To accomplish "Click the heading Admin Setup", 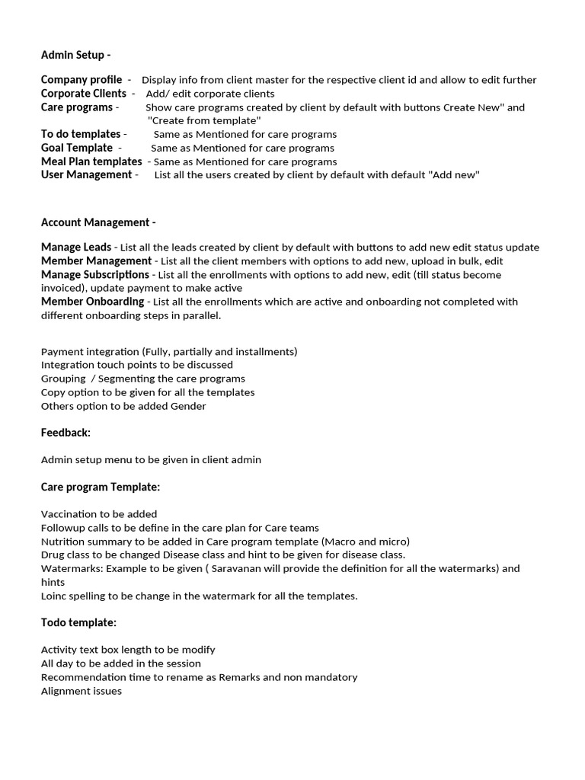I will pos(75,55).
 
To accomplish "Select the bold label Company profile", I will pos(81,80).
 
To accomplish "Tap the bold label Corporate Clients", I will pos(83,94).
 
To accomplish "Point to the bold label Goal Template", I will pos(76,148).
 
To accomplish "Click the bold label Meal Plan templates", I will pos(91,161).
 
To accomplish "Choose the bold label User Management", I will pos(86,175).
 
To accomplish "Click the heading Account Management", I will pos(98,222).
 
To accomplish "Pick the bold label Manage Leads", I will pos(75,248).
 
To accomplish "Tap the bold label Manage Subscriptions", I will pos(94,274).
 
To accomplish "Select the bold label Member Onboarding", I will pos(92,302).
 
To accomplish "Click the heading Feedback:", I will pos(66,433).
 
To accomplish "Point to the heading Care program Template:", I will pos(100,487).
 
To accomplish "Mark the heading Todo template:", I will pos(78,622).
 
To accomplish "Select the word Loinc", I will pos(54,596).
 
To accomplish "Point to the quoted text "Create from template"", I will pos(203,121).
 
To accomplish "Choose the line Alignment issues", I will pos(81,691).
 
